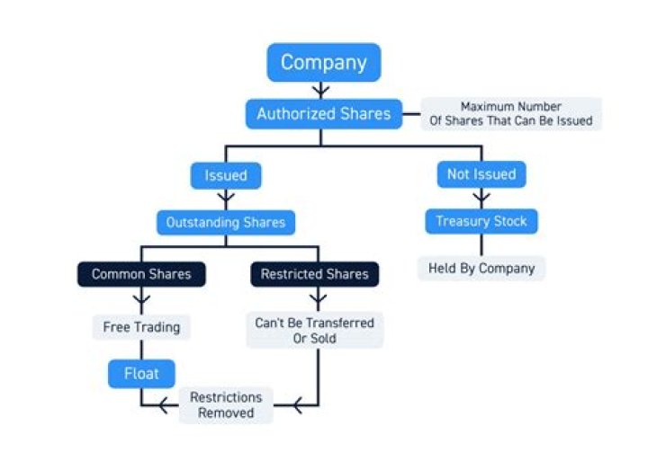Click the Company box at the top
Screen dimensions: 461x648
coord(323,62)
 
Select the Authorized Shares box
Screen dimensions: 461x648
coord(323,113)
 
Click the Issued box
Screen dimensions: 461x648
coord(226,174)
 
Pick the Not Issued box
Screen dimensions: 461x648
coord(481,174)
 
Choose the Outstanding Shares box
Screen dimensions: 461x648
coord(226,221)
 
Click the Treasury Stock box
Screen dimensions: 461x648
coord(481,221)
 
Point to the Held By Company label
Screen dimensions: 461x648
coord(481,268)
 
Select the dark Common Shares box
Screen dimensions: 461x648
coord(141,274)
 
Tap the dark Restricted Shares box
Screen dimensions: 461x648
coord(314,274)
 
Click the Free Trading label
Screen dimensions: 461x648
coord(141,327)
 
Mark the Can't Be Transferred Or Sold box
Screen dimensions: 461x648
coord(314,330)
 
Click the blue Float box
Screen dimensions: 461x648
coord(141,373)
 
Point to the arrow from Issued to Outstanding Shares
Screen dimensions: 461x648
coord(226,199)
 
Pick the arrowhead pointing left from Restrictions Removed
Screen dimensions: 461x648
coord(165,406)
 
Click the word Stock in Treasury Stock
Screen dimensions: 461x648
coord(508,221)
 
